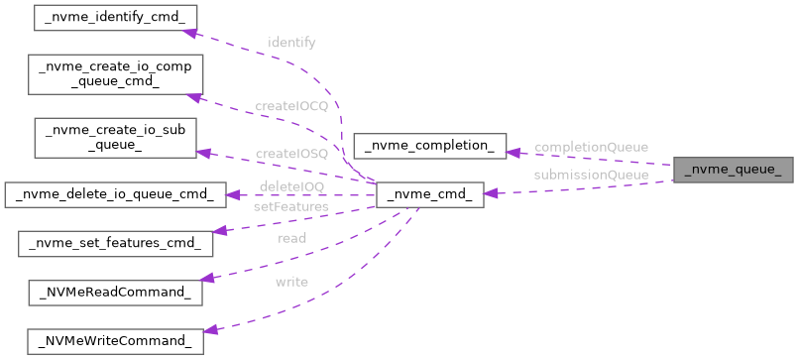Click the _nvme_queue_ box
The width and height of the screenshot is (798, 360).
coord(734,170)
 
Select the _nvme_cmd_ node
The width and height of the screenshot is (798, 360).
coord(429,195)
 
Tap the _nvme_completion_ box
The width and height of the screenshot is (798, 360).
coord(429,146)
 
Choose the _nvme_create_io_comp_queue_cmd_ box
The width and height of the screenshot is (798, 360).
coord(115,75)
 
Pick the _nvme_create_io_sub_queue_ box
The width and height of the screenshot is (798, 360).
coord(115,138)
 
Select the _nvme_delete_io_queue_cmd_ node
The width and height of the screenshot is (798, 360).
coord(115,194)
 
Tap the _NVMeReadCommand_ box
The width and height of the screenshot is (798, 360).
coord(115,293)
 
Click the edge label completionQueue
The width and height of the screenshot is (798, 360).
coord(591,147)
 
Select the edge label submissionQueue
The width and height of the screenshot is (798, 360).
coord(591,175)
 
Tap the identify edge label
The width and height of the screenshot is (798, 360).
coord(292,44)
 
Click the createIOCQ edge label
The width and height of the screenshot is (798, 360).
coord(290,106)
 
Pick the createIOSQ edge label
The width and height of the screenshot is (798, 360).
coord(290,154)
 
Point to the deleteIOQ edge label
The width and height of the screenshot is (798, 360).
coord(290,185)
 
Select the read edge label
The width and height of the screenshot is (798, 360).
coord(291,238)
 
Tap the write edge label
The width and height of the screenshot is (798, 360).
coord(291,282)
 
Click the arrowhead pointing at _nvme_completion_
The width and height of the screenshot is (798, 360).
coord(513,152)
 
